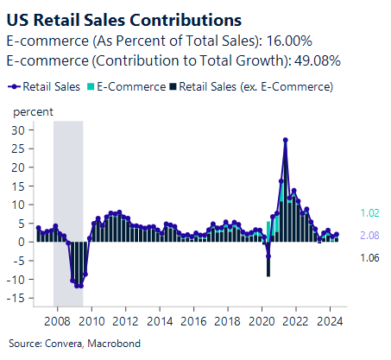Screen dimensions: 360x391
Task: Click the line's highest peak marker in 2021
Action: click(x=286, y=140)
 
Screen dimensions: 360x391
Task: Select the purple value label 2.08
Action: click(x=369, y=235)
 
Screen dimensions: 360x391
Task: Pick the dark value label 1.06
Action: click(x=369, y=257)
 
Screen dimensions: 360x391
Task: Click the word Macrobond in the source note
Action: click(x=91, y=342)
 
